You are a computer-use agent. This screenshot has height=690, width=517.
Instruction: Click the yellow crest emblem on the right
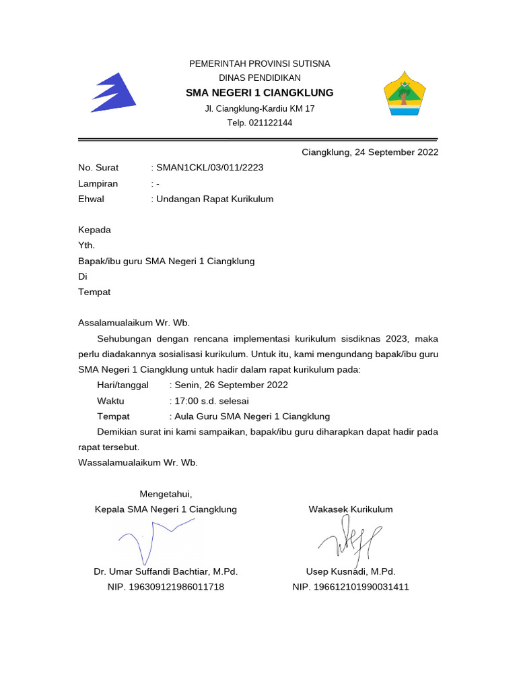[x=404, y=94]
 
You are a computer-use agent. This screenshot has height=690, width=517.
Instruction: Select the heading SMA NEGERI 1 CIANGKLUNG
[x=259, y=92]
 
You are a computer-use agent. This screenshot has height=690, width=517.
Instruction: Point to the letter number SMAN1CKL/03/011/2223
[x=209, y=168]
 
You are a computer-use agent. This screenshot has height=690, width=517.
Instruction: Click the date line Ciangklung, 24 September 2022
[x=370, y=152]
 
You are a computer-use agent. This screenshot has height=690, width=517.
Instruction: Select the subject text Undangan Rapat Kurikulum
[x=215, y=199]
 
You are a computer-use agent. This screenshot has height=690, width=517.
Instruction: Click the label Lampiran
[x=98, y=183]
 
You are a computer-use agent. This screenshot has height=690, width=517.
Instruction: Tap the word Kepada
[x=94, y=230]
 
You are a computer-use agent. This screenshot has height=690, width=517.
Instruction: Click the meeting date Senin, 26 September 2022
[x=231, y=385]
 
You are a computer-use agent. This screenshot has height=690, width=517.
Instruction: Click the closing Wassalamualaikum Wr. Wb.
[x=138, y=462]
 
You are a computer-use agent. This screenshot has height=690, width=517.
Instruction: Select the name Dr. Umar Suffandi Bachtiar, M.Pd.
[x=166, y=571]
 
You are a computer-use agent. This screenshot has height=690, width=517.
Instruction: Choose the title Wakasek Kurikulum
[x=350, y=509]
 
